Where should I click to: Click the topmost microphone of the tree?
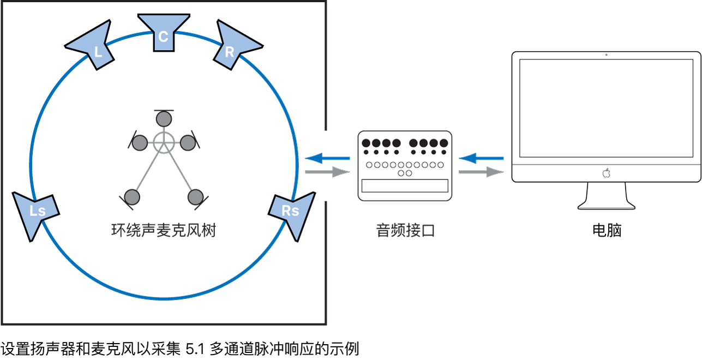pyautogui.click(x=163, y=118)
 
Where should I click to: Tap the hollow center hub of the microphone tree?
pyautogui.click(x=163, y=142)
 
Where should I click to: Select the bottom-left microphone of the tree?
pyautogui.click(x=132, y=196)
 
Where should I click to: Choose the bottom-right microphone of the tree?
pyautogui.click(x=195, y=196)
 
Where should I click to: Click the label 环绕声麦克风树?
pyautogui.click(x=163, y=231)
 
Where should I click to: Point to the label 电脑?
pyautogui.click(x=607, y=230)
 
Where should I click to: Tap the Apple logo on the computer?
pyautogui.click(x=606, y=173)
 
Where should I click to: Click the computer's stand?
pyautogui.click(x=606, y=196)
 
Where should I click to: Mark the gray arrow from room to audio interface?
pyautogui.click(x=327, y=172)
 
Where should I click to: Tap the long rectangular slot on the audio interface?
pyautogui.click(x=405, y=186)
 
